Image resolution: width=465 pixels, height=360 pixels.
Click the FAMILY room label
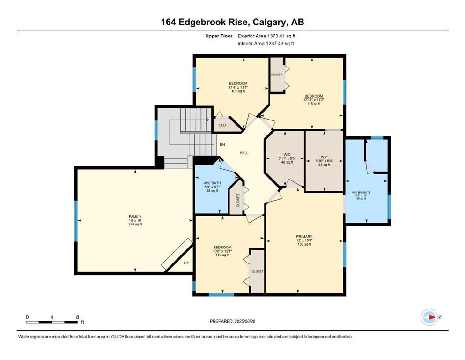[x=135, y=217]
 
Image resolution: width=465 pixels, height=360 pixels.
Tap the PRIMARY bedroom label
[x=304, y=237]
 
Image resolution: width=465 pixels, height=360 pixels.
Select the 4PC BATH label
[x=212, y=183]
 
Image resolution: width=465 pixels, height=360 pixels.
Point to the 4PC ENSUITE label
[x=361, y=192]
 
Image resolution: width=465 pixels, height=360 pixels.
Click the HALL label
[x=244, y=153]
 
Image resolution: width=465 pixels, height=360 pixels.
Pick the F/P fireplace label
[x=186, y=263]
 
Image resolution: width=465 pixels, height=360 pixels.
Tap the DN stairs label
[x=222, y=145]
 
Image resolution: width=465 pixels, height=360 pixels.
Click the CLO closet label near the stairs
[x=222, y=125]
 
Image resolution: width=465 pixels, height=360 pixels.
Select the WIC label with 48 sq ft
[x=287, y=155]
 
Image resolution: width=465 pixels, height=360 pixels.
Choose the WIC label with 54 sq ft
[x=324, y=157]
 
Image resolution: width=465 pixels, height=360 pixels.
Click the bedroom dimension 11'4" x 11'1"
[x=238, y=88]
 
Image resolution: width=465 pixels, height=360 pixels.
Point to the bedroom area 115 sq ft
[x=314, y=104]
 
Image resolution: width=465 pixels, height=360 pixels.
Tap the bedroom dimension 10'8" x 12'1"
[x=222, y=251]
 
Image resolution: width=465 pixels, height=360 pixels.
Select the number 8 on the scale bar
[x=77, y=317]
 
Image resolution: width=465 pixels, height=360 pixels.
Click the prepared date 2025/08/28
[x=244, y=321]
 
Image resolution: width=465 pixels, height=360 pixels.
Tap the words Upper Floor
[x=219, y=36]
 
